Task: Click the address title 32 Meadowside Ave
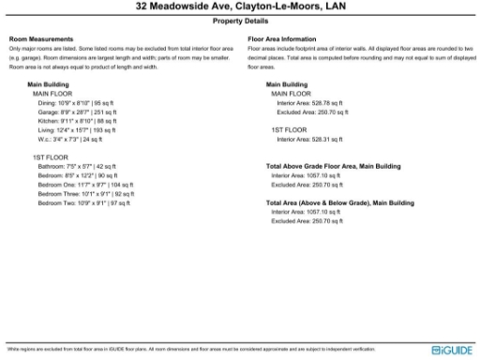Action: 240,7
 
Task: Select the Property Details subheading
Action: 240,20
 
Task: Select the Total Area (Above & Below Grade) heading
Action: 339,202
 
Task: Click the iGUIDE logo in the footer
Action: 453,350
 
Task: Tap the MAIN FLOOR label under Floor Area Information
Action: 291,94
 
